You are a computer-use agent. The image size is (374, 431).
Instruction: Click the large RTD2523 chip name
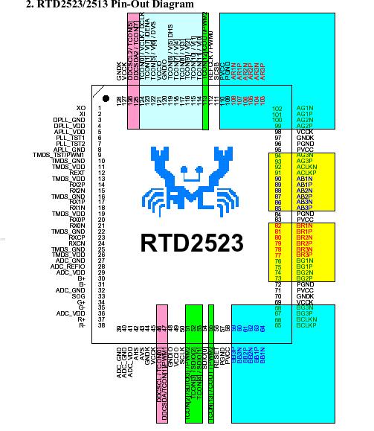(x=192, y=243)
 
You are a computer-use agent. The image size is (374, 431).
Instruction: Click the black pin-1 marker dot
(x=106, y=98)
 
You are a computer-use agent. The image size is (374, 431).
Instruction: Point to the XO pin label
(x=80, y=109)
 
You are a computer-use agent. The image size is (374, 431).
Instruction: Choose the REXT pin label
(x=77, y=172)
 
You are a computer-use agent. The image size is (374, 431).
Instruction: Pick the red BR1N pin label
(x=304, y=226)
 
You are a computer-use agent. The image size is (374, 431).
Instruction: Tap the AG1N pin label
(x=304, y=109)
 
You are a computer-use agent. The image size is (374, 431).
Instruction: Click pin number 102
(x=278, y=109)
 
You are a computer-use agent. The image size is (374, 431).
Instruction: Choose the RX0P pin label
(x=77, y=220)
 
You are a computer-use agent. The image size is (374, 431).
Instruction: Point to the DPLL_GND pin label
(x=70, y=120)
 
